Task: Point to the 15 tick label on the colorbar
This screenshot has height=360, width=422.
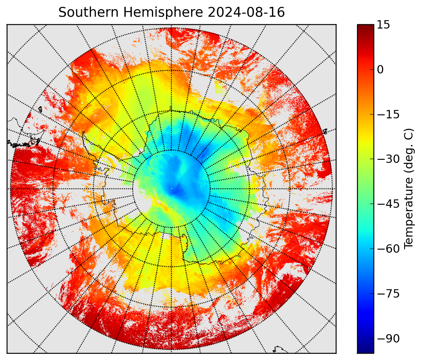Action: point(383,24)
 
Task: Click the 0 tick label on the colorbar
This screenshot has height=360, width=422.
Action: point(380,70)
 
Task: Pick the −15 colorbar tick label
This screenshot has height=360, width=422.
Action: point(388,115)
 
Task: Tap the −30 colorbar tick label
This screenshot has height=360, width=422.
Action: point(388,159)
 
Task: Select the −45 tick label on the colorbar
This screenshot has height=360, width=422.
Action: point(388,204)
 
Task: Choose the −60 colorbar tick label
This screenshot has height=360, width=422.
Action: point(388,249)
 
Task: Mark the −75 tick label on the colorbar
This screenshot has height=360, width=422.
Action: point(388,294)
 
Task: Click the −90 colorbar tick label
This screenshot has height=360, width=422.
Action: point(388,339)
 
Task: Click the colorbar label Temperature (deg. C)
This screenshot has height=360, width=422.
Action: point(409,188)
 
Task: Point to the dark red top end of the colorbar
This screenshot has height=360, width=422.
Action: point(366,26)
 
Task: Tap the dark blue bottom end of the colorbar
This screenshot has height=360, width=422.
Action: point(366,350)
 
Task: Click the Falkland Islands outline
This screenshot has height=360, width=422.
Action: point(40,110)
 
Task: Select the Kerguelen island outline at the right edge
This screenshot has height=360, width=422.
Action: point(324,131)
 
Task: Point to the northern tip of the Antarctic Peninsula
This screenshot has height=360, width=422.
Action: point(83,132)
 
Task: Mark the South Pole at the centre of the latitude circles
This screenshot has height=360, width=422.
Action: point(171,188)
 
